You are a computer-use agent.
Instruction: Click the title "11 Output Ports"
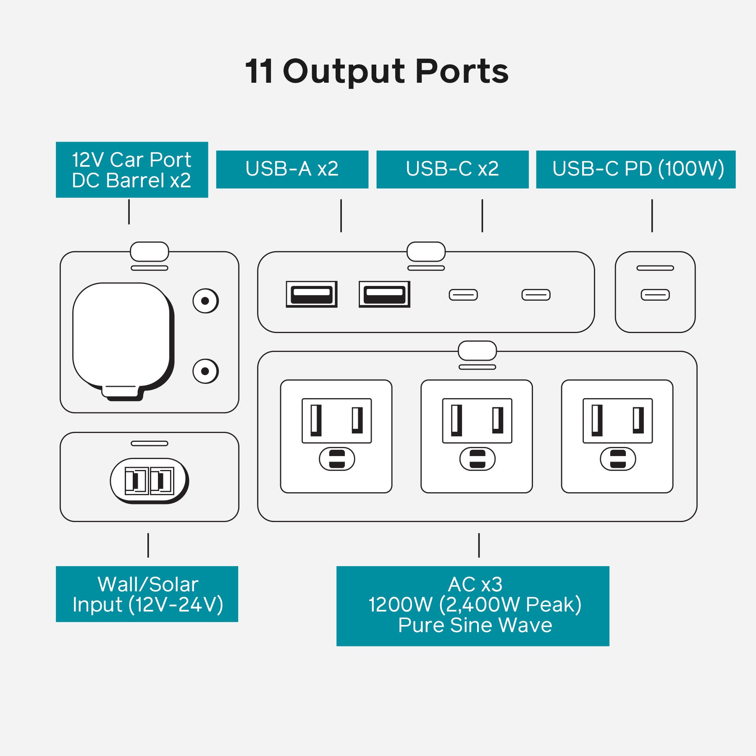(x=377, y=71)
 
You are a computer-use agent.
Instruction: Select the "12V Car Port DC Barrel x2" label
(x=132, y=170)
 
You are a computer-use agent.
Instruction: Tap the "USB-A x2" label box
(x=292, y=169)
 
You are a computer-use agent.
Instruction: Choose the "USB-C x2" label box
(x=452, y=169)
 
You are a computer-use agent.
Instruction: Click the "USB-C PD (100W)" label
(x=635, y=169)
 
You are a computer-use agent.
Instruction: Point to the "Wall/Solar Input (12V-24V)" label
(x=147, y=594)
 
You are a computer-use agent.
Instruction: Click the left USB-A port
(x=312, y=294)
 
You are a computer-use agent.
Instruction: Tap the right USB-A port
(x=384, y=294)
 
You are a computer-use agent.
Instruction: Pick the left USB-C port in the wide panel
(x=463, y=295)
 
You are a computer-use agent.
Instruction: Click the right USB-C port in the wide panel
(x=536, y=295)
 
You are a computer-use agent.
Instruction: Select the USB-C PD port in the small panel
(x=655, y=295)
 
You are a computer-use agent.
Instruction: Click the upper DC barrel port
(x=205, y=301)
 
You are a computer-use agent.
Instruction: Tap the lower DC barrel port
(x=205, y=371)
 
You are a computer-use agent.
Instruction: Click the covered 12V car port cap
(x=122, y=336)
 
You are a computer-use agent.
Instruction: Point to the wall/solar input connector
(x=149, y=480)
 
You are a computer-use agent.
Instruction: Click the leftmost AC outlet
(x=336, y=436)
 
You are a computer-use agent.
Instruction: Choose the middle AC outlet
(x=477, y=436)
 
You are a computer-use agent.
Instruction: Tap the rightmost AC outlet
(x=617, y=436)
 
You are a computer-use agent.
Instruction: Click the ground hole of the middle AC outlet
(x=478, y=459)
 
